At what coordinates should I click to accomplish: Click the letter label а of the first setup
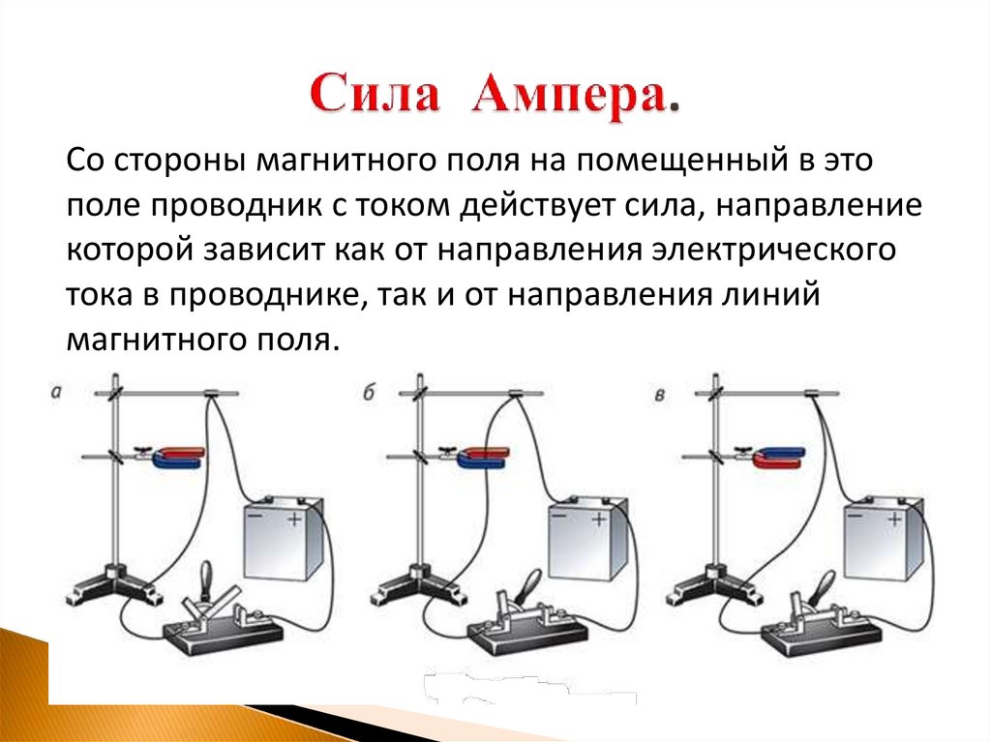(x=56, y=393)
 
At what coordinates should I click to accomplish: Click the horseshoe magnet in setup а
(x=180, y=456)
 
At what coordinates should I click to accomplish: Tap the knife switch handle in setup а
(x=205, y=582)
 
